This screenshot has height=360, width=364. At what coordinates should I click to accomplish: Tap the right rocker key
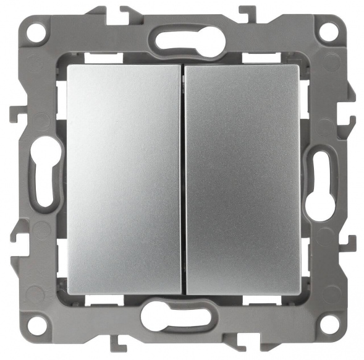(x=242, y=179)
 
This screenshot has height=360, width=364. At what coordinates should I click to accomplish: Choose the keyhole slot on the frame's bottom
(x=181, y=317)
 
